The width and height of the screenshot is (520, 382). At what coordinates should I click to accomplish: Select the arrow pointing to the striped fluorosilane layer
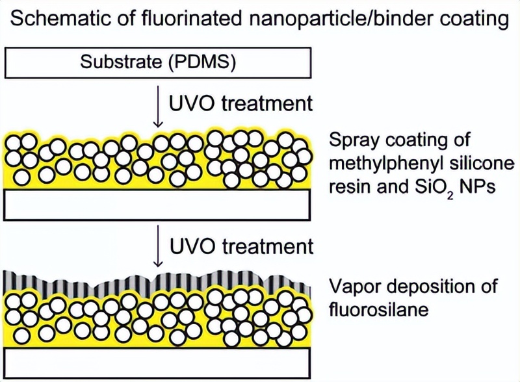157,250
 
